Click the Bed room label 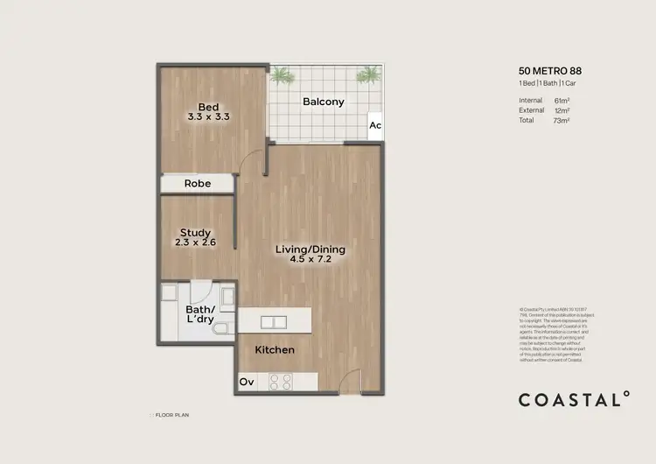[208, 109]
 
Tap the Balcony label [323, 102]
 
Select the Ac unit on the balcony [374, 125]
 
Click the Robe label [197, 184]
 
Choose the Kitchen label [275, 350]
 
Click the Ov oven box [248, 382]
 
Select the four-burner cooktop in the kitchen [280, 381]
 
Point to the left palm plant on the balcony [283, 75]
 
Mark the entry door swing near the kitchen [349, 380]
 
